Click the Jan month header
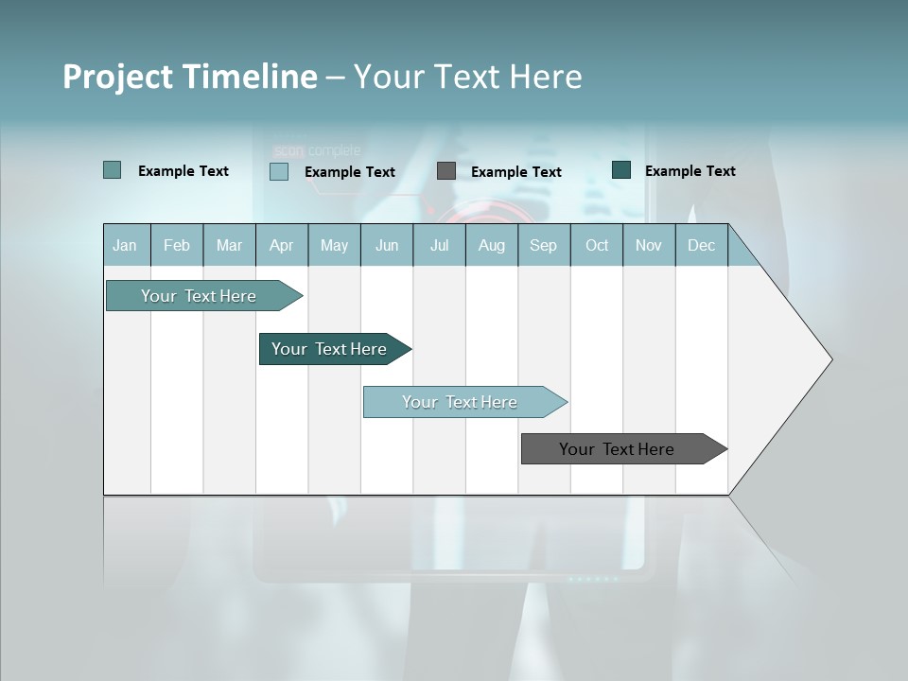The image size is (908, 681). tap(125, 246)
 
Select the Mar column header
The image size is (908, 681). tap(229, 246)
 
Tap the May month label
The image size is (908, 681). tap(334, 246)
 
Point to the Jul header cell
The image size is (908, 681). tap(439, 246)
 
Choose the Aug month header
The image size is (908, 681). tap(492, 246)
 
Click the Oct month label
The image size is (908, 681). tap(597, 246)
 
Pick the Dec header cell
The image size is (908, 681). tap(701, 246)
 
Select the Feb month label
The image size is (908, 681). tap(177, 246)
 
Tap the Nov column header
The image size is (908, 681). tap(649, 246)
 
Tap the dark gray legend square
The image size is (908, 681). tap(446, 171)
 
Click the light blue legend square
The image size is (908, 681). tap(279, 171)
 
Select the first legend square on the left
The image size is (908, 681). tap(113, 170)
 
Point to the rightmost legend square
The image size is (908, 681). tap(621, 170)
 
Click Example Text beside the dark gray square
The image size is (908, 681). tap(516, 172)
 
